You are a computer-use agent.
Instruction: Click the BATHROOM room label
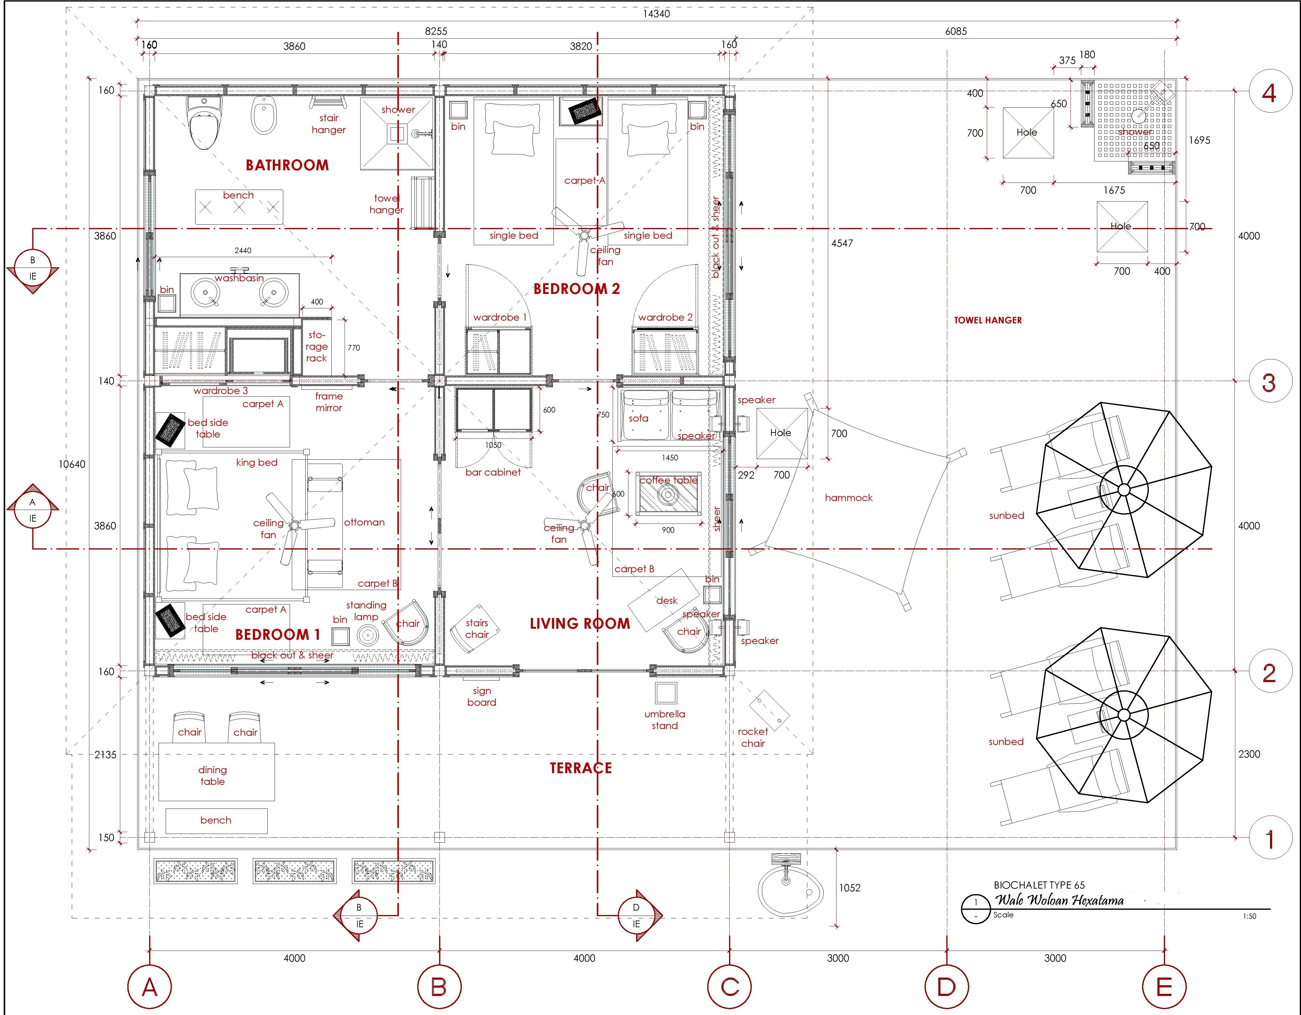coord(287,165)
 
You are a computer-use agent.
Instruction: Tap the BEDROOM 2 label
coord(577,289)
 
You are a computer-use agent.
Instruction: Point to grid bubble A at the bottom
coord(149,987)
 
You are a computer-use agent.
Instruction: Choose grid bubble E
coord(1164,987)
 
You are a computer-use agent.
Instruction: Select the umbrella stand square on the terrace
coord(666,693)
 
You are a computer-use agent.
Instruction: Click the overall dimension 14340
coord(656,14)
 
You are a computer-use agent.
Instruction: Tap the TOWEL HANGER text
coord(988,320)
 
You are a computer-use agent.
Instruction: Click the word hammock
coord(848,497)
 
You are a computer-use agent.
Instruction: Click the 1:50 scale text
coord(1249,916)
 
